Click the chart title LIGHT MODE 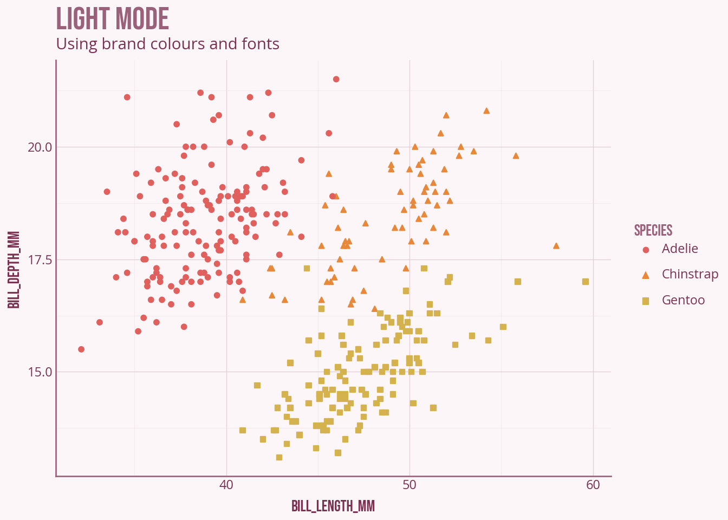coord(113,19)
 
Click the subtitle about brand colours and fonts coord(168,44)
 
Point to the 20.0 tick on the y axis coord(40,147)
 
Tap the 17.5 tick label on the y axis coord(40,260)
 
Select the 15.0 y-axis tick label coord(40,372)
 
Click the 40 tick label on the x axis coord(226,485)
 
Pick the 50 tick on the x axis coord(409,485)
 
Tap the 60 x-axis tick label coord(593,485)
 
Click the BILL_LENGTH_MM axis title coord(333,506)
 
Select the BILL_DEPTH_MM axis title coord(15,269)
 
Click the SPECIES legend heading coord(653,230)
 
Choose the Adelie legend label coord(680,249)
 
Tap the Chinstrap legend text coord(690,274)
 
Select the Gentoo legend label coord(683,300)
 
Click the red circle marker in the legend coord(646,250)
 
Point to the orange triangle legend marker coord(646,275)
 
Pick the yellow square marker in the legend coord(646,301)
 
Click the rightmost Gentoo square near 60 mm coord(586,282)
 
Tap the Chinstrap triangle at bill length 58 coord(556,246)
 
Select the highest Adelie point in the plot coord(336,79)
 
